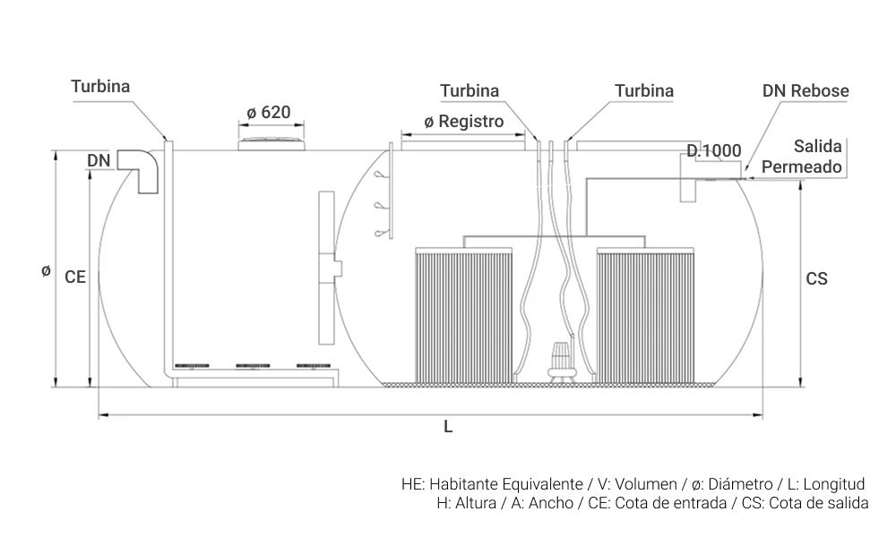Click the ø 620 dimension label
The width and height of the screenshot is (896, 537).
pos(269,113)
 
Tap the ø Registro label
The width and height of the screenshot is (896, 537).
pos(464,122)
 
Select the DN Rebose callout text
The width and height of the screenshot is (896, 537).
pos(806,90)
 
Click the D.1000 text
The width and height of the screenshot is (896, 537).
pos(714,150)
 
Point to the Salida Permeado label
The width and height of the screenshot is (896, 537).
pos(802,157)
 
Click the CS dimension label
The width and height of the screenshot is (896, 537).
pos(816,278)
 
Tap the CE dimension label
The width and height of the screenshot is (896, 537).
pos(75,277)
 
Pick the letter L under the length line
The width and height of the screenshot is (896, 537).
pos(448,426)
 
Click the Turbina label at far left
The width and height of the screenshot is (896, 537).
pos(100,86)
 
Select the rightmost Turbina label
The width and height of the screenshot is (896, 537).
pos(644,90)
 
